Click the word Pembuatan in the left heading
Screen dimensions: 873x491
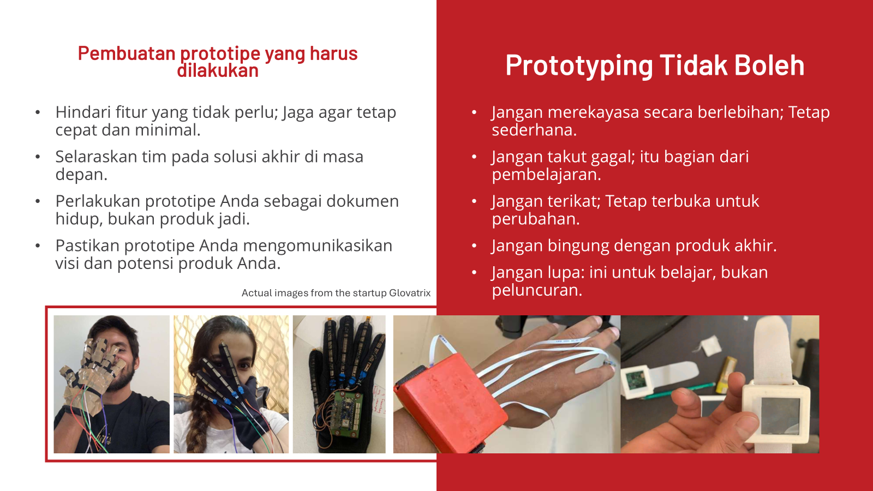coord(127,53)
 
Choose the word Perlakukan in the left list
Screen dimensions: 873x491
coord(97,201)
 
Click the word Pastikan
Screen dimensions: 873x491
coord(87,245)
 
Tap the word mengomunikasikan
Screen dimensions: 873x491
coord(318,245)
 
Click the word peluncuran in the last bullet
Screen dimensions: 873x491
coord(537,291)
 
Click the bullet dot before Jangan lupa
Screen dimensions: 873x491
coord(474,272)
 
